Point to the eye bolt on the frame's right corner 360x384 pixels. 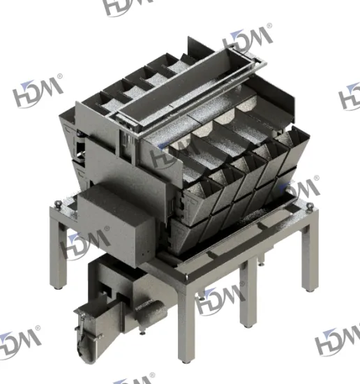point(308,204)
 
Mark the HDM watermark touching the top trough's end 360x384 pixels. point(250,40)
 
